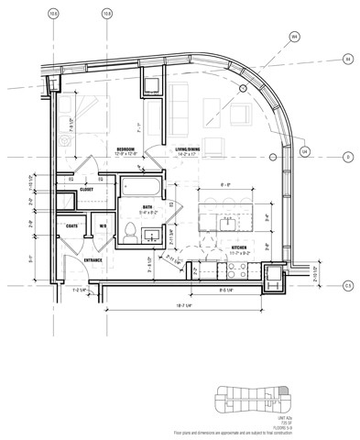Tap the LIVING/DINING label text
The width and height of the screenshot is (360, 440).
click(189, 148)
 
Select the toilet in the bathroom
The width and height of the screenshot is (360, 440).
click(131, 229)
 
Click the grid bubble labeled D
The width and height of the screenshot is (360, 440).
click(348, 158)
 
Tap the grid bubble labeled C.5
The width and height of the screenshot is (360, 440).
click(348, 285)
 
